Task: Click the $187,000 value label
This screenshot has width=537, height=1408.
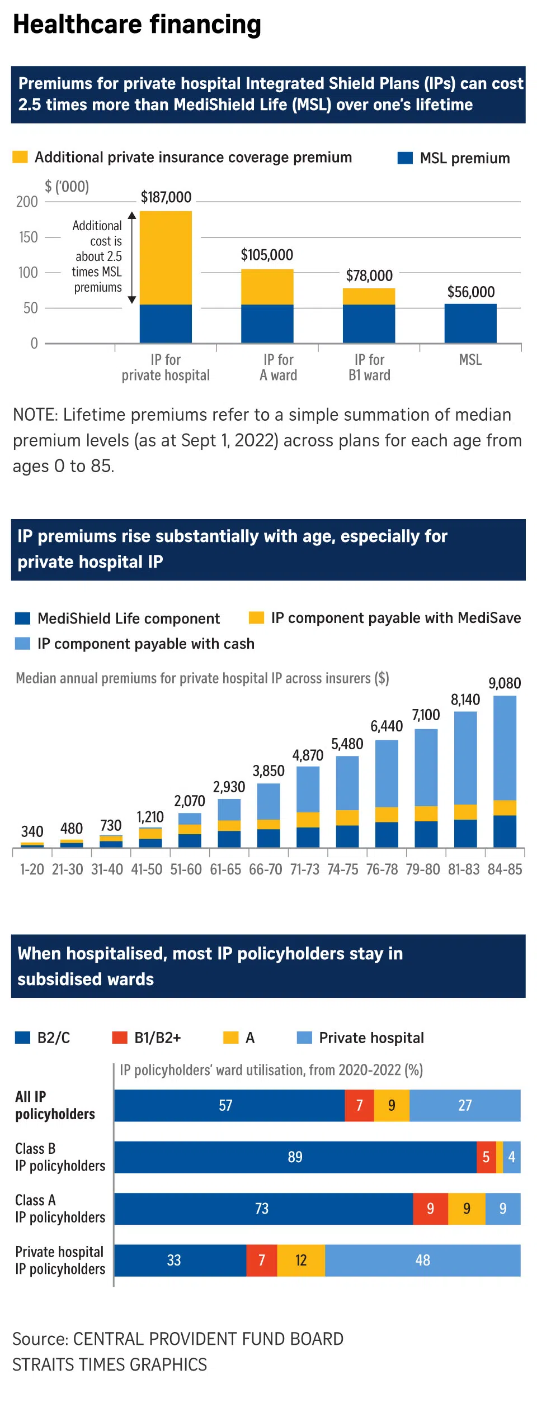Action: [166, 197]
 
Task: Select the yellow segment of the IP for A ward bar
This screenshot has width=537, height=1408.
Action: [267, 287]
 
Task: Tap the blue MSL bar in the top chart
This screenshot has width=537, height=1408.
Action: [470, 323]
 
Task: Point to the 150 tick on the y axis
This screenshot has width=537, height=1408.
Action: [29, 237]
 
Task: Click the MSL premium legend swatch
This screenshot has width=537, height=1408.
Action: [404, 158]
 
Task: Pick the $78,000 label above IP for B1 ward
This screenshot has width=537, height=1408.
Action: [369, 275]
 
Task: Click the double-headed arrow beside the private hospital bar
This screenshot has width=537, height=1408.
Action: [132, 257]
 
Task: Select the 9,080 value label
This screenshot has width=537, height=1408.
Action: [505, 683]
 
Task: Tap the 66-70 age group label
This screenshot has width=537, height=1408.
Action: [266, 869]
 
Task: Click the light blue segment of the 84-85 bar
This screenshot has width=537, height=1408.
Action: [505, 748]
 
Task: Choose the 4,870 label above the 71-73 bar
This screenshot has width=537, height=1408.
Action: [308, 755]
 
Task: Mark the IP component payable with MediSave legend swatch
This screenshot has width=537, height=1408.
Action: [256, 617]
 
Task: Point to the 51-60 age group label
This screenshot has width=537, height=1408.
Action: [186, 869]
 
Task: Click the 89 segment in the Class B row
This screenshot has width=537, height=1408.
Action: [295, 1157]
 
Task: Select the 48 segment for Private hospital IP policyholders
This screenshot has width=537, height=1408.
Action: [422, 1260]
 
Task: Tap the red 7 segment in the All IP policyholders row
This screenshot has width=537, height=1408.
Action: [359, 1105]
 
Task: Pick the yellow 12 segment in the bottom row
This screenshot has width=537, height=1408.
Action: [301, 1260]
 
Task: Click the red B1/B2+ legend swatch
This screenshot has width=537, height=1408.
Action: [120, 1038]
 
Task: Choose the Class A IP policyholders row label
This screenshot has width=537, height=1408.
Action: [60, 1209]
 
